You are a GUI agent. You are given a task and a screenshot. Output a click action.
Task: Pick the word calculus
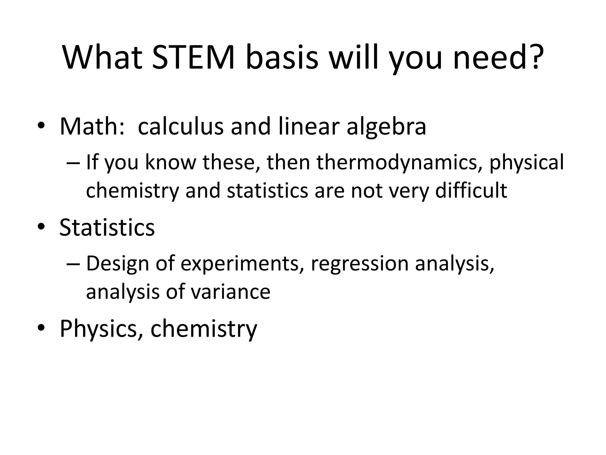(180, 126)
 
